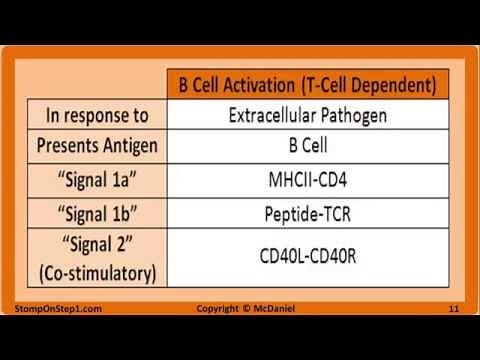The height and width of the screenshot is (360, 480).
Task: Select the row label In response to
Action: click(98, 115)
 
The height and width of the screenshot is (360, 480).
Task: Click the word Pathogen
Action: click(356, 115)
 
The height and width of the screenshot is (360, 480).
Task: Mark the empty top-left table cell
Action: click(98, 81)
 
